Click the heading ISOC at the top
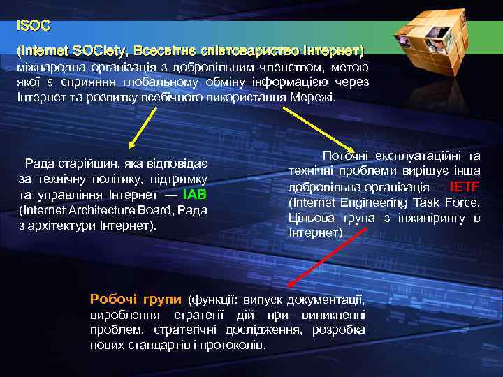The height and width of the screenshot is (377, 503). tap(34, 26)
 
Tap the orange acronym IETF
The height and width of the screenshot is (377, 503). tap(465, 186)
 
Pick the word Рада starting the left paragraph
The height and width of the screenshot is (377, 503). tap(38, 163)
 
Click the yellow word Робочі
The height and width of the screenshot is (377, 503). tap(114, 299)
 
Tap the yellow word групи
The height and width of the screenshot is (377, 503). tap(162, 299)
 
